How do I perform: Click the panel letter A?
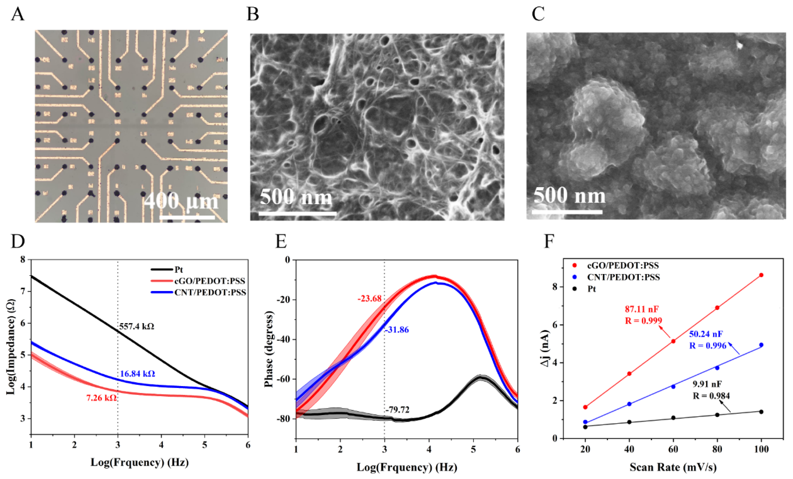click(x=18, y=15)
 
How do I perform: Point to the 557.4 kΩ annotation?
click(x=137, y=327)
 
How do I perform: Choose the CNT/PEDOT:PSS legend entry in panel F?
click(x=623, y=277)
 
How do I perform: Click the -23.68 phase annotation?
click(x=369, y=299)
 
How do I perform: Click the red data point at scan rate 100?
click(x=761, y=275)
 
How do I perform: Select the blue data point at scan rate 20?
click(x=585, y=422)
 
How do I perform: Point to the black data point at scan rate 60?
click(x=673, y=418)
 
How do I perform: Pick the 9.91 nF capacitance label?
click(x=707, y=384)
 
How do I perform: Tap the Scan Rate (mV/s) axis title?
click(x=673, y=467)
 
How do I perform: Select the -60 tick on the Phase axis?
click(x=283, y=379)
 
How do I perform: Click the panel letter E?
click(x=281, y=242)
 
